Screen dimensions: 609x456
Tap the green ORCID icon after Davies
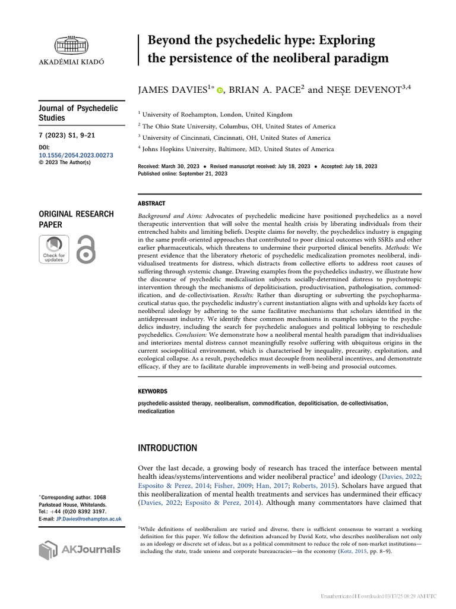coord(220,91)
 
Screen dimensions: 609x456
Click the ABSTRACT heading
coord(151,203)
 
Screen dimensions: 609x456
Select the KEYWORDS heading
coord(153,391)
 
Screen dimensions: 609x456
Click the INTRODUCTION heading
coord(167,448)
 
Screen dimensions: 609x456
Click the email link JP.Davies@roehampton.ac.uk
coord(88,519)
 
